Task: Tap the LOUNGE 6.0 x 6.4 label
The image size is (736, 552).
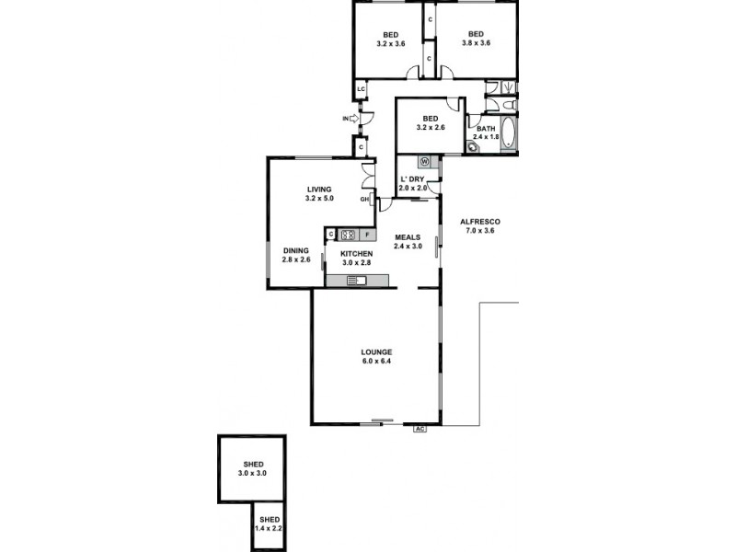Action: (377, 356)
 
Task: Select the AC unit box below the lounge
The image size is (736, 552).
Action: (420, 428)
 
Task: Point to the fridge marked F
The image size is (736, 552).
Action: (365, 235)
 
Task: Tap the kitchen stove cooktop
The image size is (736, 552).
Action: (348, 235)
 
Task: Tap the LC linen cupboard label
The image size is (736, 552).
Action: (362, 89)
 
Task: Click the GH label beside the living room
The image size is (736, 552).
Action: (364, 199)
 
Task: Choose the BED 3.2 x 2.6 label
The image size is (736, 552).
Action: (430, 123)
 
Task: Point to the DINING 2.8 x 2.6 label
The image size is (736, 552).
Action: (296, 255)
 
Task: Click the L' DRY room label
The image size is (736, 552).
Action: (411, 184)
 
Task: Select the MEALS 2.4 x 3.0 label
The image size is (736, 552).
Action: (408, 241)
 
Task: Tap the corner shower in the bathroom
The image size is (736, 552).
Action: (475, 145)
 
